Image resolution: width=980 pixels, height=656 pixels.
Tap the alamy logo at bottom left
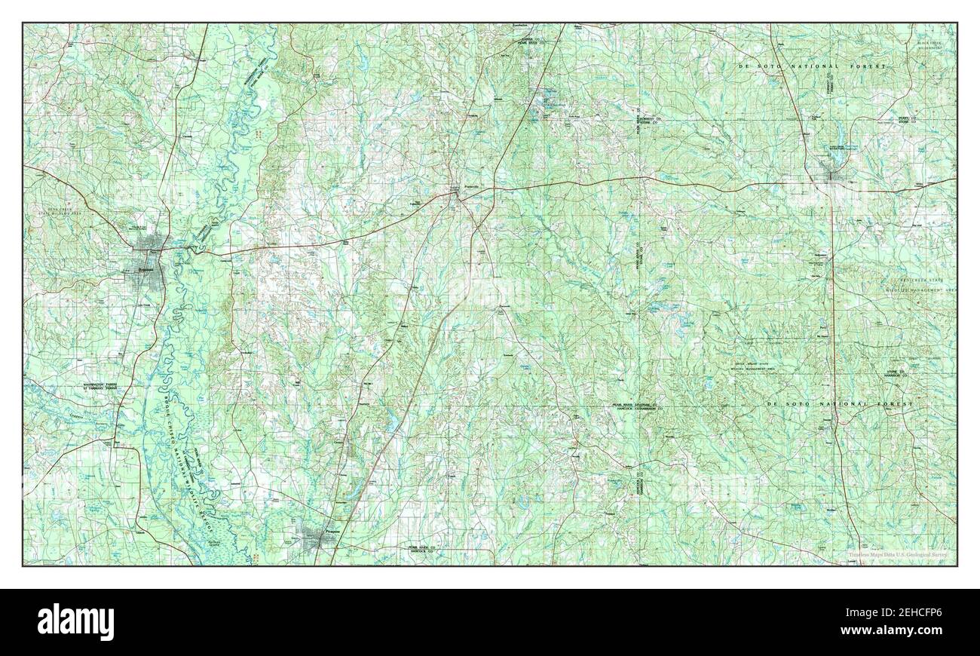(x=75, y=621)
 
